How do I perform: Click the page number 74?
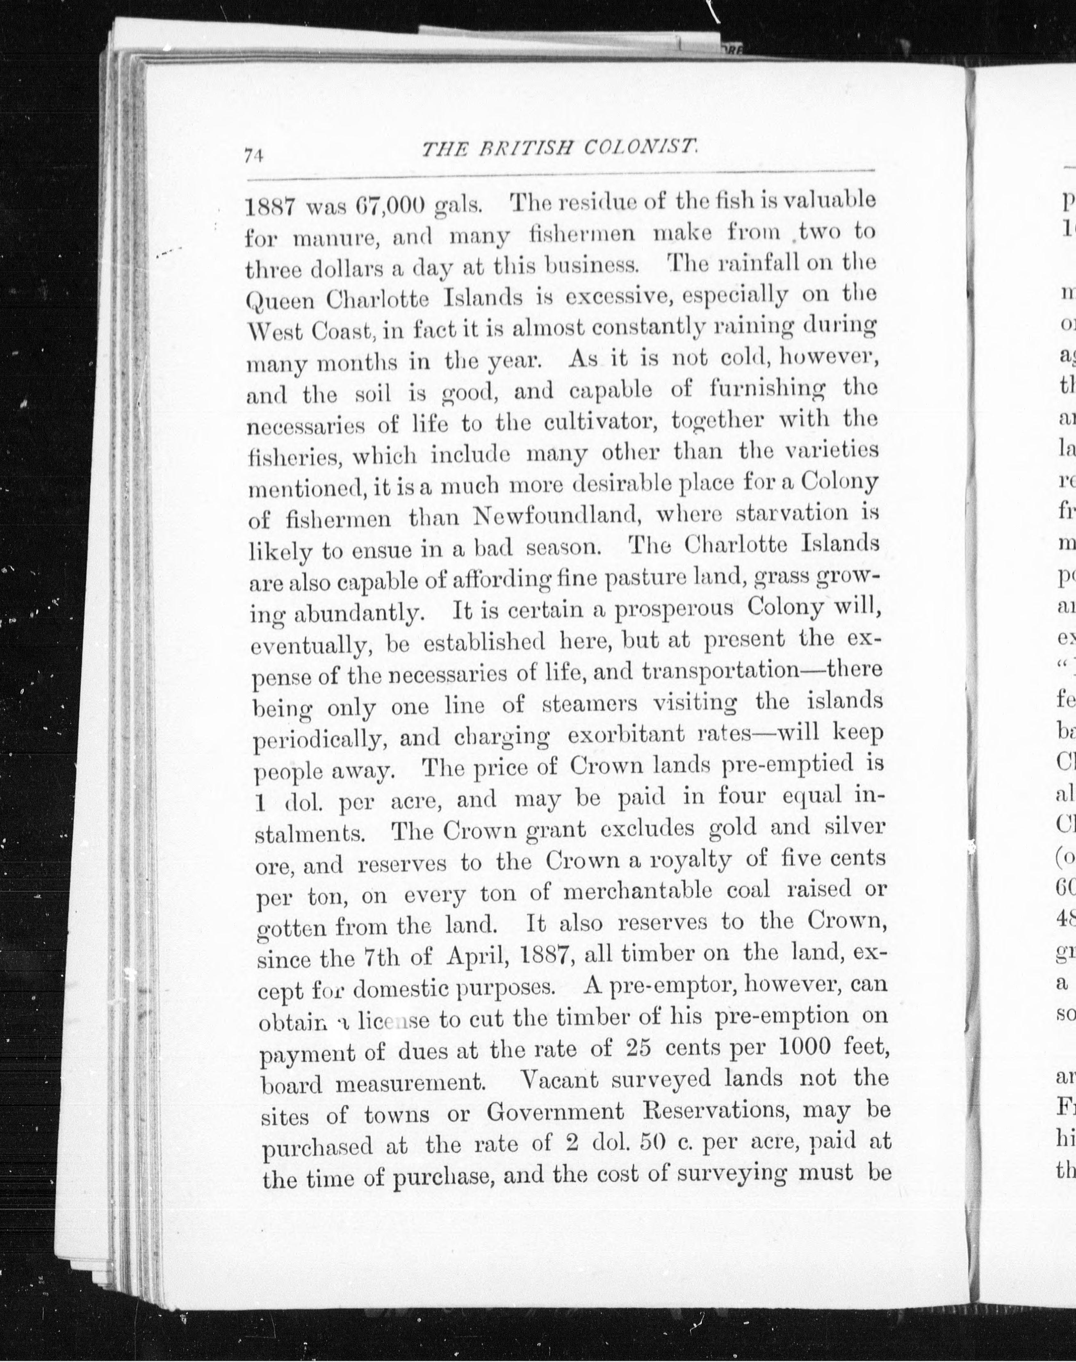253,155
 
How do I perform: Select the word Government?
555,1112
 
